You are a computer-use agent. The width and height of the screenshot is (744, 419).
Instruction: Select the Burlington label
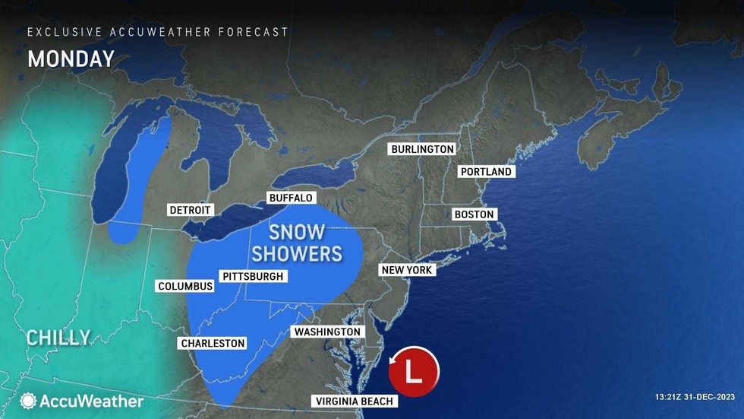pyautogui.click(x=422, y=149)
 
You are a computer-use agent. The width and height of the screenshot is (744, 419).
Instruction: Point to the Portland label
pyautogui.click(x=486, y=172)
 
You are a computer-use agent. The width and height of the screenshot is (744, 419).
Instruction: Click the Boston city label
pyautogui.click(x=474, y=214)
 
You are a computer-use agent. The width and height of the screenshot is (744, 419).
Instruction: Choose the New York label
pyautogui.click(x=406, y=270)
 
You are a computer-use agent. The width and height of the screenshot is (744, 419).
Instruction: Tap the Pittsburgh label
pyautogui.click(x=251, y=276)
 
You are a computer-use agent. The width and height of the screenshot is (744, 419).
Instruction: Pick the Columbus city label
pyautogui.click(x=185, y=287)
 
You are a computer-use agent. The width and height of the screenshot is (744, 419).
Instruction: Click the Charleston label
pyautogui.click(x=213, y=343)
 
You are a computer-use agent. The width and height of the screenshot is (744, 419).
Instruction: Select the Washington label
pyautogui.click(x=326, y=332)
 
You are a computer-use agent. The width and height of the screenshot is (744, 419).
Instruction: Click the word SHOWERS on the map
pyautogui.click(x=297, y=252)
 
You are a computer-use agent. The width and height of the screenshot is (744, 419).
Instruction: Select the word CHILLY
pyautogui.click(x=58, y=338)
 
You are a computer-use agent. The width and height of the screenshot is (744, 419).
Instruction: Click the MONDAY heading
pyautogui.click(x=71, y=59)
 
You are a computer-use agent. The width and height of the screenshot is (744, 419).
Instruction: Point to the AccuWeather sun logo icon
pyautogui.click(x=29, y=401)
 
